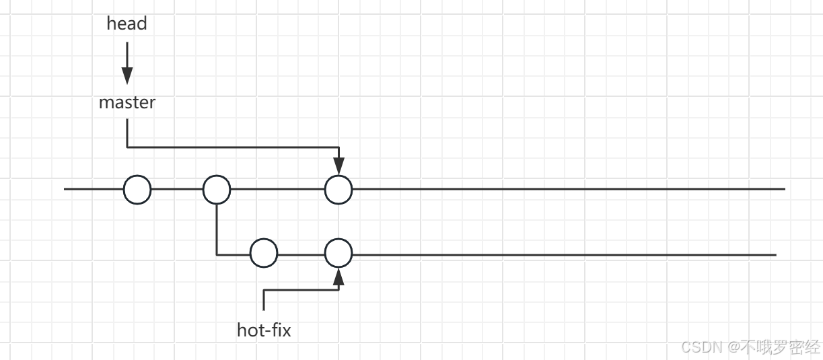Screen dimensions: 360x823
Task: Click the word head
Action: pos(127,24)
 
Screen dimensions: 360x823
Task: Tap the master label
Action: pos(127,102)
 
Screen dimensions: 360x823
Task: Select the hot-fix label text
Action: pos(264,330)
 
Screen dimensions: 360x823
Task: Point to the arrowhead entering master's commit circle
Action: pos(338,166)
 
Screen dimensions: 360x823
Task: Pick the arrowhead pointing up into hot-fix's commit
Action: pos(338,277)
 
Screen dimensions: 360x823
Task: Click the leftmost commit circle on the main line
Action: pos(137,190)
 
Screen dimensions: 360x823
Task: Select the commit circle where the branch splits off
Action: pos(217,190)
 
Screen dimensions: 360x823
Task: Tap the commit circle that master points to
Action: pos(338,190)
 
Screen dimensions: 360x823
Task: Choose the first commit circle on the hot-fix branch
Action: pos(264,254)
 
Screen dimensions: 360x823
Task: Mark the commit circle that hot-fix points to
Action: pos(338,254)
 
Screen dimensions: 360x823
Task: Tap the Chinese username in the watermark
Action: pos(781,347)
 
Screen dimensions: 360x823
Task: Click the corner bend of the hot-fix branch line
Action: pos(217,254)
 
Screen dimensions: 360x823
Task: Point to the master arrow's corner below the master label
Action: pos(127,147)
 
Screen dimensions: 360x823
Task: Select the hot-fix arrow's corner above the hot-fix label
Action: pos(264,290)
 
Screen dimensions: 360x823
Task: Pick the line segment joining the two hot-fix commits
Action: pos(301,254)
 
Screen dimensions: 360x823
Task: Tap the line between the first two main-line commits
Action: pos(177,190)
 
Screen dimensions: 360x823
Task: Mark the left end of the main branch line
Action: pos(65,190)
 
